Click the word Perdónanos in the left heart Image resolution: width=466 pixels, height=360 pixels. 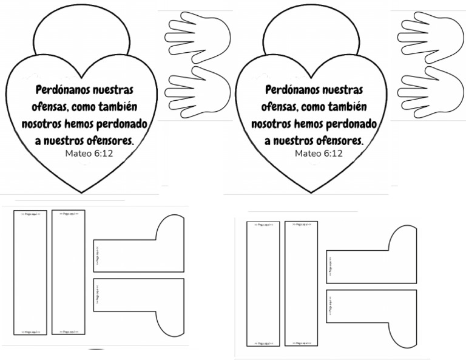pos(58,90)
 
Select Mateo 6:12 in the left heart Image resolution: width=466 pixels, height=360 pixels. pos(89,154)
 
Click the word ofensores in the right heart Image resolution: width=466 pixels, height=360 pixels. pos(337,141)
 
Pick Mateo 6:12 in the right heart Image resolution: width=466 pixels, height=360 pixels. pos(319,154)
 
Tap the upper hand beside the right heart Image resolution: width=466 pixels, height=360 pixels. pos(430,37)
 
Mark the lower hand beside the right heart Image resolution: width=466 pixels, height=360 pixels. pos(430,92)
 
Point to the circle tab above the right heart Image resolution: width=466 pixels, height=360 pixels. pos(310,30)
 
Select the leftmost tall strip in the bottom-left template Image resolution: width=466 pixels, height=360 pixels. pos(30,273)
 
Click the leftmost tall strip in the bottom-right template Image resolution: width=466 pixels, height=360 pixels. pos(263,284)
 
